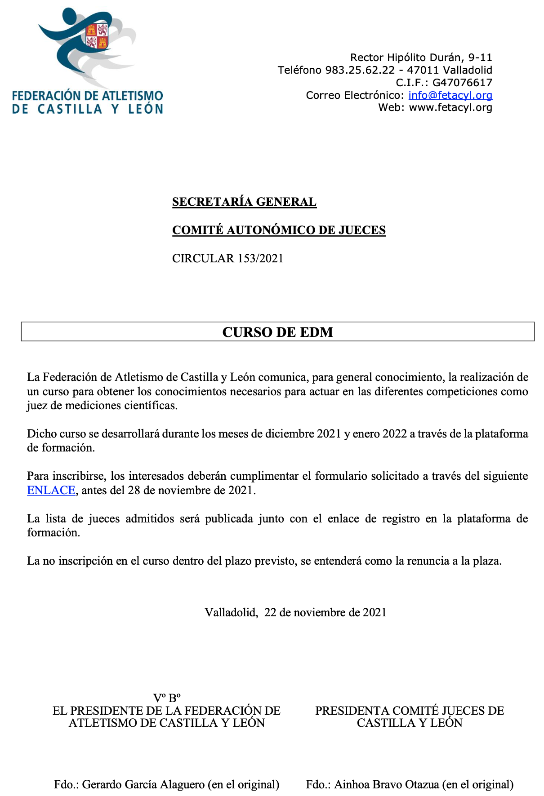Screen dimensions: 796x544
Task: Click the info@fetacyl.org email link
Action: coord(450,95)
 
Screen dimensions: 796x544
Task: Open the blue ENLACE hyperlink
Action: coord(51,490)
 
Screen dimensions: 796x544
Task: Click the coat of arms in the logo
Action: coord(98,36)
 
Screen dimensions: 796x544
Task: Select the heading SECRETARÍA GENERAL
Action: coord(244,202)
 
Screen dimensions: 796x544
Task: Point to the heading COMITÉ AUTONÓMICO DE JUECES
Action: coord(279,230)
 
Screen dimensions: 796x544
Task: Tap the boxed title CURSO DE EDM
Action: coord(277,332)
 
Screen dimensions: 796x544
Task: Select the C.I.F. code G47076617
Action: coord(462,83)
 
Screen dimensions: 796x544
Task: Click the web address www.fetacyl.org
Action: coord(450,107)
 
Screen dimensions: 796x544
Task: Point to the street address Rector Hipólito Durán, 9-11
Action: coord(421,57)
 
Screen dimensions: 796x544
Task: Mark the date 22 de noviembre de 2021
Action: coord(325,612)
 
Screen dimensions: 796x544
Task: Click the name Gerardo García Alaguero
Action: coord(143,784)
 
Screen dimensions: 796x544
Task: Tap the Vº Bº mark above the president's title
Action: coord(167,698)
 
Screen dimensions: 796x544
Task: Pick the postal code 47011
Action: coord(423,70)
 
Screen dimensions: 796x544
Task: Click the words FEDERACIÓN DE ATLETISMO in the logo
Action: coord(87,96)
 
